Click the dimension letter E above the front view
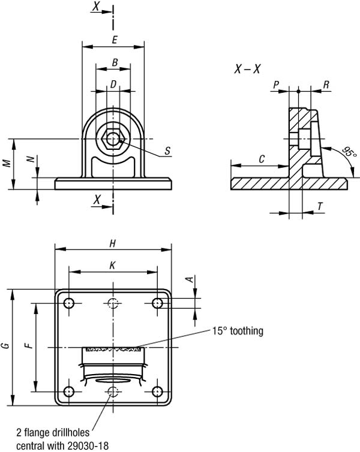(113, 40)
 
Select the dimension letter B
(113, 62)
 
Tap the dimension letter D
(113, 85)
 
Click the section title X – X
(247, 69)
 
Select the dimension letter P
(276, 85)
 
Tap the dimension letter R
(326, 85)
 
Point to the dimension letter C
(262, 159)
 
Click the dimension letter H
(112, 243)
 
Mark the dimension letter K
(112, 264)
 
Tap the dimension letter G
(5, 346)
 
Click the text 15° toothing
(238, 330)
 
